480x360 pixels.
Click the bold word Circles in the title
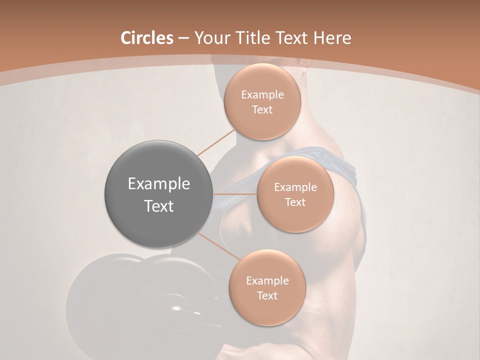[146, 38]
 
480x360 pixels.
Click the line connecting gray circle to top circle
[216, 142]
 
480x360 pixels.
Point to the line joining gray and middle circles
[235, 194]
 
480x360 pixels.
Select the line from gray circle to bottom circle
[219, 245]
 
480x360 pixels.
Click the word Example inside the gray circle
[159, 184]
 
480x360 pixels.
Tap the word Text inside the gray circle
[159, 206]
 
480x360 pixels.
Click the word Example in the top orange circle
[262, 95]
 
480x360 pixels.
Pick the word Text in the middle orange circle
[295, 202]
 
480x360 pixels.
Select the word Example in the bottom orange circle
[267, 281]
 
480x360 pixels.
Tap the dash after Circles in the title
[183, 38]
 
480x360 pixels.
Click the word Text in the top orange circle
[262, 109]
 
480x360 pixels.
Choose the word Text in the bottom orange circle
[267, 295]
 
